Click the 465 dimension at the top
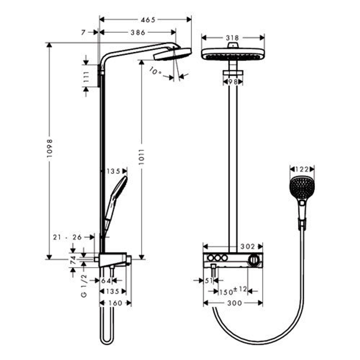(148, 20)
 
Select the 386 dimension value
(138, 32)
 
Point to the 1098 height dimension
(50, 150)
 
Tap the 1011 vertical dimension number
(141, 157)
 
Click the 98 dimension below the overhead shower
(233, 82)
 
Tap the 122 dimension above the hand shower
(302, 169)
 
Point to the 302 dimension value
(247, 247)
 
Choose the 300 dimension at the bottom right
(235, 303)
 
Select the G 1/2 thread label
(84, 285)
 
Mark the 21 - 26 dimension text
(67, 237)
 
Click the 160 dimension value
(115, 303)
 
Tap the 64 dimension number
(107, 281)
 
